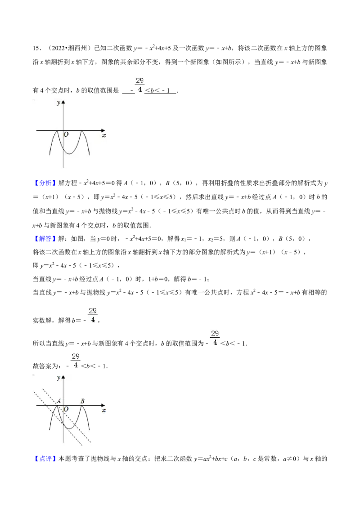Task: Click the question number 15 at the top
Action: coord(36,49)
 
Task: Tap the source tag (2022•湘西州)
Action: coord(69,49)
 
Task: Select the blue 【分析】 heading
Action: coord(45,183)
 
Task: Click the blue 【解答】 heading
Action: coord(45,239)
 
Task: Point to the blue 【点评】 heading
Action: coord(45,459)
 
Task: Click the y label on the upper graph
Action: coord(58,103)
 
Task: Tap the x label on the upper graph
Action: coord(103,135)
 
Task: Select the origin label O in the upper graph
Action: coord(66,134)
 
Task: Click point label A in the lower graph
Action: coord(59,401)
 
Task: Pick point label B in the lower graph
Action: coord(82,401)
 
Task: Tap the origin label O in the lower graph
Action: coord(66,409)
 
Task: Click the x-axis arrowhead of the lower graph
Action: coord(103,405)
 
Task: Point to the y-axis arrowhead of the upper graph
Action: coord(63,102)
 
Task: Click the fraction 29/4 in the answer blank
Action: coord(139,85)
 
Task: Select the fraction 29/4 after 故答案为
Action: coord(76,360)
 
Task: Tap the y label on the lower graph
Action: coord(58,378)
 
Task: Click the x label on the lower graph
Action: coord(103,411)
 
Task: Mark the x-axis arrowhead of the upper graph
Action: coord(103,130)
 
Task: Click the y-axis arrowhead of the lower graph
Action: coord(63,377)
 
